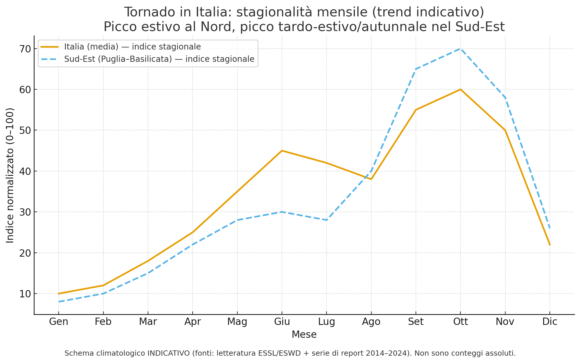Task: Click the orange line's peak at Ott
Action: [460, 89]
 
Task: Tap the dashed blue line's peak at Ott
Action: [460, 49]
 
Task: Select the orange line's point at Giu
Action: [282, 151]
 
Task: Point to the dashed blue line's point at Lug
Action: [326, 220]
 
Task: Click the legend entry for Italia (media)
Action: [132, 47]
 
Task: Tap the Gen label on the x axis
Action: [59, 322]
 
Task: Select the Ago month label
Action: [371, 322]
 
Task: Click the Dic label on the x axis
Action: [550, 322]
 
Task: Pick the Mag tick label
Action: [237, 322]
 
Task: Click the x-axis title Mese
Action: [304, 335]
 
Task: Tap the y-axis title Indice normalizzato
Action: [10, 175]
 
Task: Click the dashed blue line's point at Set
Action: [416, 69]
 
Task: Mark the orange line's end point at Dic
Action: [550, 245]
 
